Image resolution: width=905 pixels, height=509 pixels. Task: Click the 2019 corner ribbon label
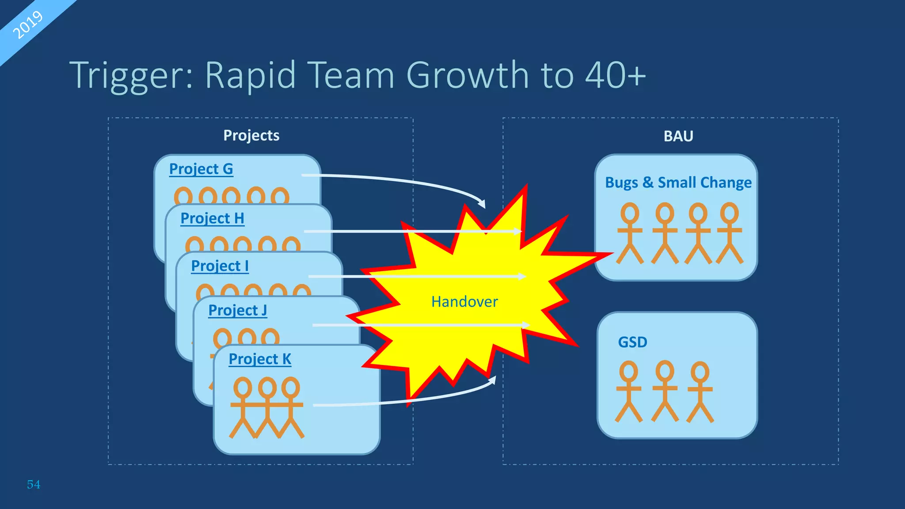point(27,25)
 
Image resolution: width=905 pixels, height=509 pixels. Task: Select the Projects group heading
point(251,135)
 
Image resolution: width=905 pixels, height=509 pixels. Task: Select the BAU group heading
point(678,136)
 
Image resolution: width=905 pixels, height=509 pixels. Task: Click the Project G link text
point(201,169)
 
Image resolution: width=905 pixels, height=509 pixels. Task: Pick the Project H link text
point(212,218)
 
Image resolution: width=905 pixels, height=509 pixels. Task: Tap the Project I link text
point(220,266)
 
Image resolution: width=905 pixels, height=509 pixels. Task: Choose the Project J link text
point(237,310)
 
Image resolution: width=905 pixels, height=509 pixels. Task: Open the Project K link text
point(260,359)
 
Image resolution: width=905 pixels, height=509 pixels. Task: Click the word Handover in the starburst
point(464,302)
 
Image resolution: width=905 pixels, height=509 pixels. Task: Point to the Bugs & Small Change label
point(678,182)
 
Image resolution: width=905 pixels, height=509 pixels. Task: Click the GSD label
point(632,342)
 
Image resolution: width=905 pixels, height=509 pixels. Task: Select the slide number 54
point(34,484)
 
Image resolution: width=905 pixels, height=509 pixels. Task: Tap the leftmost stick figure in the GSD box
point(628,391)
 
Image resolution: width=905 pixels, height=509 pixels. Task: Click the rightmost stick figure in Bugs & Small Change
point(730,233)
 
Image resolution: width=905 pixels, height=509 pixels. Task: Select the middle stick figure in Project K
point(267,406)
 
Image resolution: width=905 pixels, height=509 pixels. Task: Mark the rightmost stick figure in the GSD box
point(700,391)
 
